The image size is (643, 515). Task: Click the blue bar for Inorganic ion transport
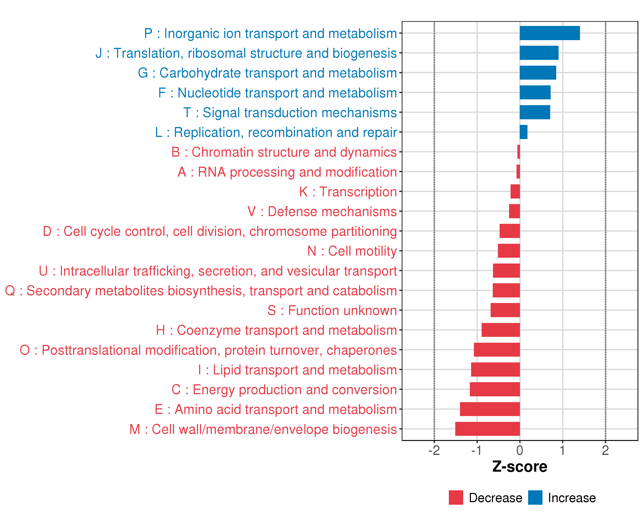pyautogui.click(x=550, y=33)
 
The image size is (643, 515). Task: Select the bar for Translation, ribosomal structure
pyautogui.click(x=539, y=53)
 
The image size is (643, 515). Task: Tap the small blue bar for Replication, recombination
pyautogui.click(x=523, y=132)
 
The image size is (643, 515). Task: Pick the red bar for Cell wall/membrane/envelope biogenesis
pyautogui.click(x=487, y=429)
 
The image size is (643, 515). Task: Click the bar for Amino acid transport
pyautogui.click(x=490, y=409)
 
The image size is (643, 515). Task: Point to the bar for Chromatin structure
pyautogui.click(x=519, y=152)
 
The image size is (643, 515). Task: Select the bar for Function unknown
pyautogui.click(x=505, y=310)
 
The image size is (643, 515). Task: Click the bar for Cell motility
pyautogui.click(x=509, y=251)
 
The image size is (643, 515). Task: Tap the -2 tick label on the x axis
pyautogui.click(x=434, y=450)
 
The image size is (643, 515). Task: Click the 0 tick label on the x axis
pyautogui.click(x=520, y=450)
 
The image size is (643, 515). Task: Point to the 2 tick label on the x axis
pyautogui.click(x=605, y=450)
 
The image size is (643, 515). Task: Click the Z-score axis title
pyautogui.click(x=520, y=467)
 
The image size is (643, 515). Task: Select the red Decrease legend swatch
pyautogui.click(x=456, y=498)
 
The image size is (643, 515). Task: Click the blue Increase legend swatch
pyautogui.click(x=535, y=498)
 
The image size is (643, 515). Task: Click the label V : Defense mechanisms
pyautogui.click(x=322, y=211)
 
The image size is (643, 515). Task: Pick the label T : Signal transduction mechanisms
pyautogui.click(x=290, y=113)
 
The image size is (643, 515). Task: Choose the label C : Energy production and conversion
pyautogui.click(x=284, y=390)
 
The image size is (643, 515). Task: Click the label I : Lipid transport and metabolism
pyautogui.click(x=297, y=370)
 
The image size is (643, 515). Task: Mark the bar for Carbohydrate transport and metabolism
pyautogui.click(x=538, y=73)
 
